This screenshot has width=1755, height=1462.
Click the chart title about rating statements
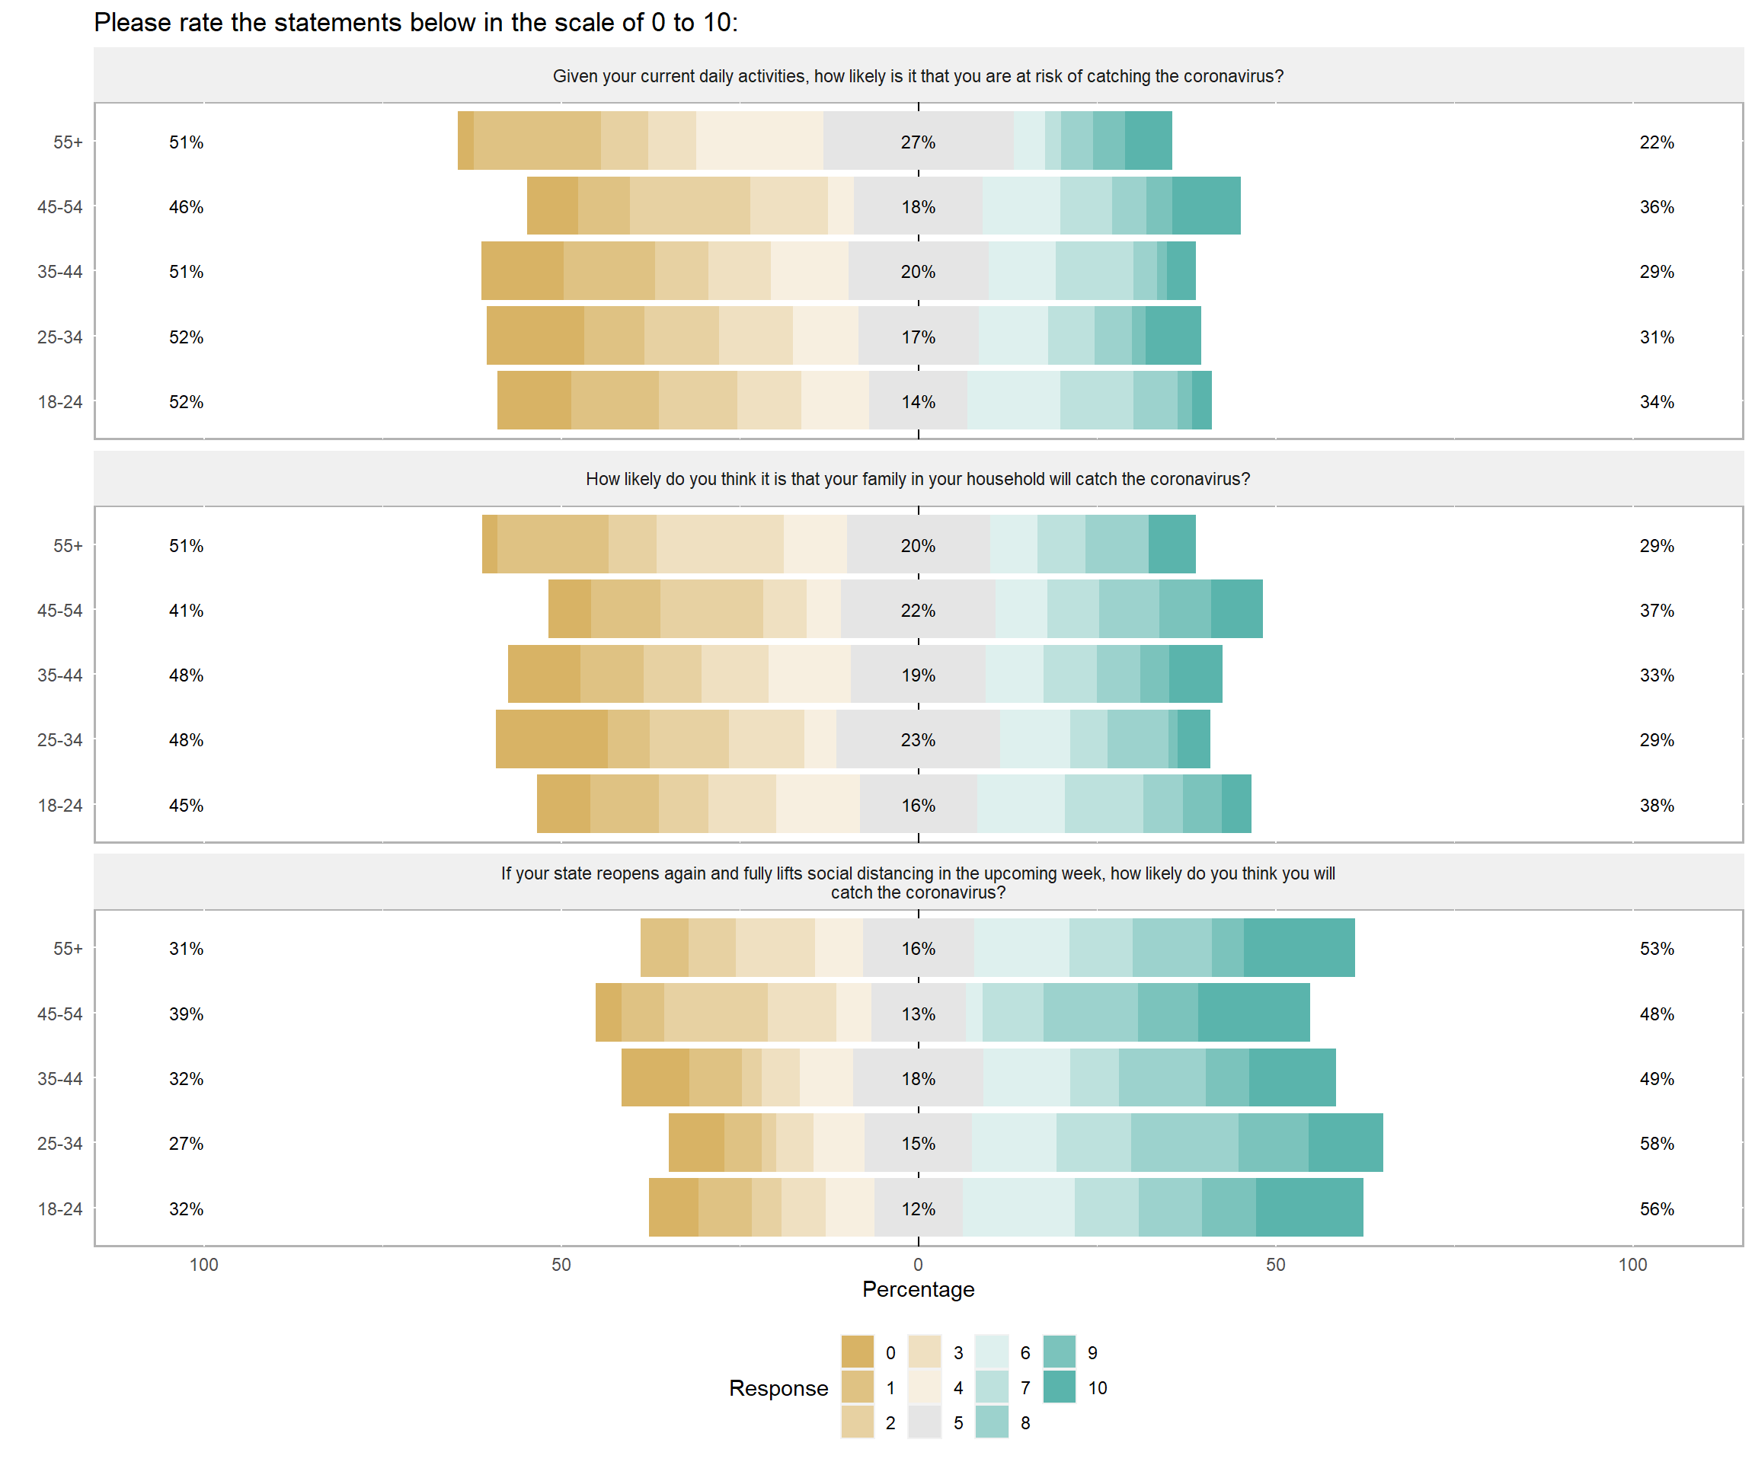click(415, 23)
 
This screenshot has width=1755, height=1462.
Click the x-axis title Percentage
click(918, 1289)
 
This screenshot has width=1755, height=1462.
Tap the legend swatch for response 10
click(1059, 1387)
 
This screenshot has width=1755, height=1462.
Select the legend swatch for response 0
click(857, 1352)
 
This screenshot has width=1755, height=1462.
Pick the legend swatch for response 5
click(924, 1422)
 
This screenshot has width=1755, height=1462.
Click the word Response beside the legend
click(778, 1387)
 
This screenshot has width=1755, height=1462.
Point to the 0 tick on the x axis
click(918, 1265)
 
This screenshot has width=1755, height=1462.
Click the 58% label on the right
click(1657, 1143)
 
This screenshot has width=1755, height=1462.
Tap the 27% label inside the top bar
click(918, 142)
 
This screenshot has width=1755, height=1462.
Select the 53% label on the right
click(1657, 948)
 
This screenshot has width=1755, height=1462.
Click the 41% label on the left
click(186, 611)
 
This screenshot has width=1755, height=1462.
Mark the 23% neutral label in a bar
click(918, 740)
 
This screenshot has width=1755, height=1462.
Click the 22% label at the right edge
click(1657, 142)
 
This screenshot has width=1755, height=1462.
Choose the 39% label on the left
click(186, 1014)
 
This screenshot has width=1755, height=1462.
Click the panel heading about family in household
click(918, 479)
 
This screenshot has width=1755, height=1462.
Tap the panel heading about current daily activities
click(918, 76)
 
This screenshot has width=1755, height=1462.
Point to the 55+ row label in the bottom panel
click(68, 948)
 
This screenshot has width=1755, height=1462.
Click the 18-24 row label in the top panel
click(60, 402)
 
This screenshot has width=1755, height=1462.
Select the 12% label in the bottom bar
click(918, 1209)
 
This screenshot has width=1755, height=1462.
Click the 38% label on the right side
click(1657, 806)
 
